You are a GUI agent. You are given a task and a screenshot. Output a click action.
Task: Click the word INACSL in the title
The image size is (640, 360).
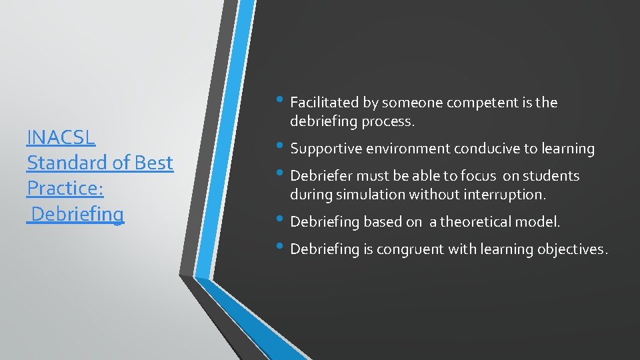(61, 137)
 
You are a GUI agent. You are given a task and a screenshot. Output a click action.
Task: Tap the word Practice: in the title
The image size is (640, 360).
(65, 189)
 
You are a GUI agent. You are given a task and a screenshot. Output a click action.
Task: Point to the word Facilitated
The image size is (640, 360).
(325, 103)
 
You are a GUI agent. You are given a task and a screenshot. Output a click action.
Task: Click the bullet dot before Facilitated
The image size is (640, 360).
(283, 102)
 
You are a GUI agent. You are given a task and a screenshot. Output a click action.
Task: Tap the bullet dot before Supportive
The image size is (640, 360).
(283, 148)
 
